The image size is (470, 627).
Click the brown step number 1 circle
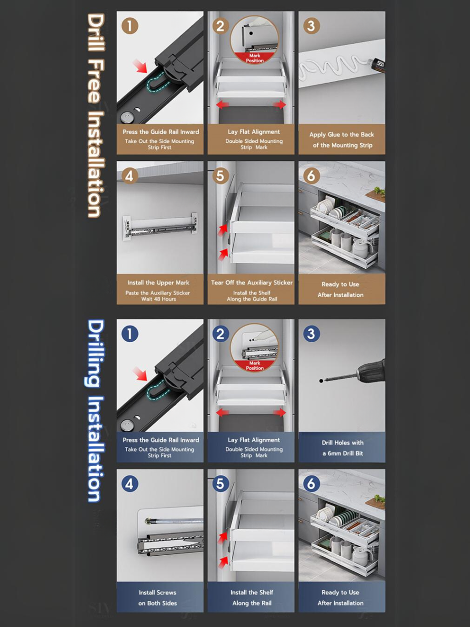point(130,26)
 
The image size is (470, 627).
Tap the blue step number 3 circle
point(311,333)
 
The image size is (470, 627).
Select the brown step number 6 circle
point(311,175)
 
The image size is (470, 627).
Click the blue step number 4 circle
point(129,484)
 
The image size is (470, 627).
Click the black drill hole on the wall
point(321,381)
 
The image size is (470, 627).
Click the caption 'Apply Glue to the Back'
point(341,135)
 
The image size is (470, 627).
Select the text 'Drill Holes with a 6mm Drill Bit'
point(342,448)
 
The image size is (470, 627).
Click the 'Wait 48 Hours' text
point(159,299)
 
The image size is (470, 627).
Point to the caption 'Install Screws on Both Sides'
point(157,598)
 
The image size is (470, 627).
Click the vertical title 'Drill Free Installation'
point(95,115)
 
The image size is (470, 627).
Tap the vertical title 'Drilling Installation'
point(95,411)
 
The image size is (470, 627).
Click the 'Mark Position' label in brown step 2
point(255,58)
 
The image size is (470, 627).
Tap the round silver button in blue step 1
point(126,425)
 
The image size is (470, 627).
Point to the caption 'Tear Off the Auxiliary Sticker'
point(252,282)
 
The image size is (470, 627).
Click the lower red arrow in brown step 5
point(224,254)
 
